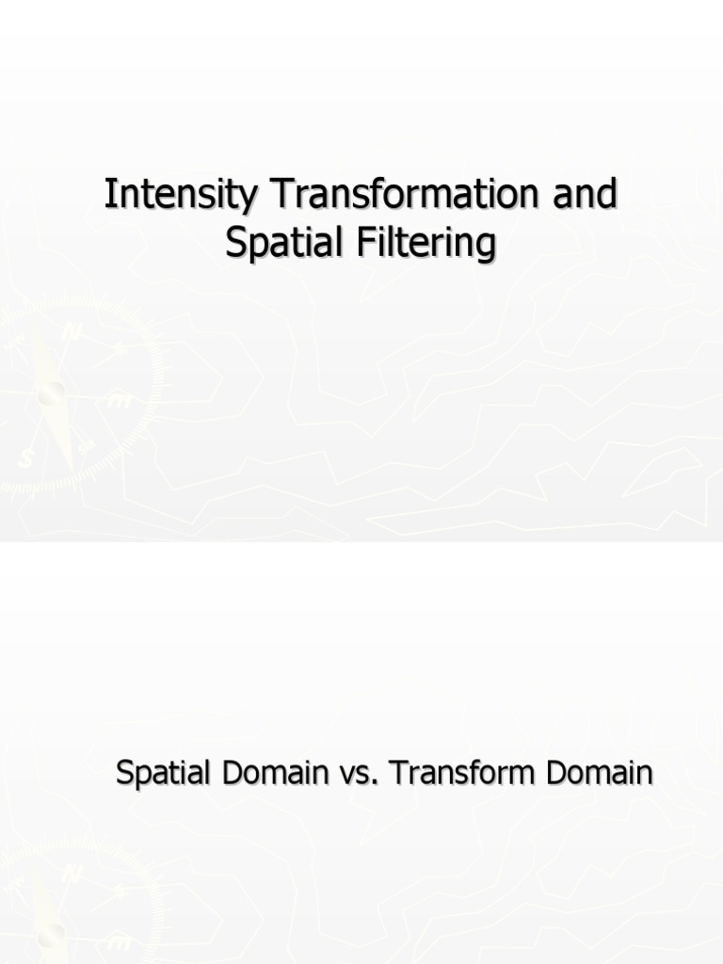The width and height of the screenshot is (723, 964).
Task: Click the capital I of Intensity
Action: click(x=109, y=196)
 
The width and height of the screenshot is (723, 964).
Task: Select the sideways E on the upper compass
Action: click(x=120, y=401)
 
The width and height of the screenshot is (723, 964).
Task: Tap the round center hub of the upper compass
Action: click(x=51, y=394)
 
